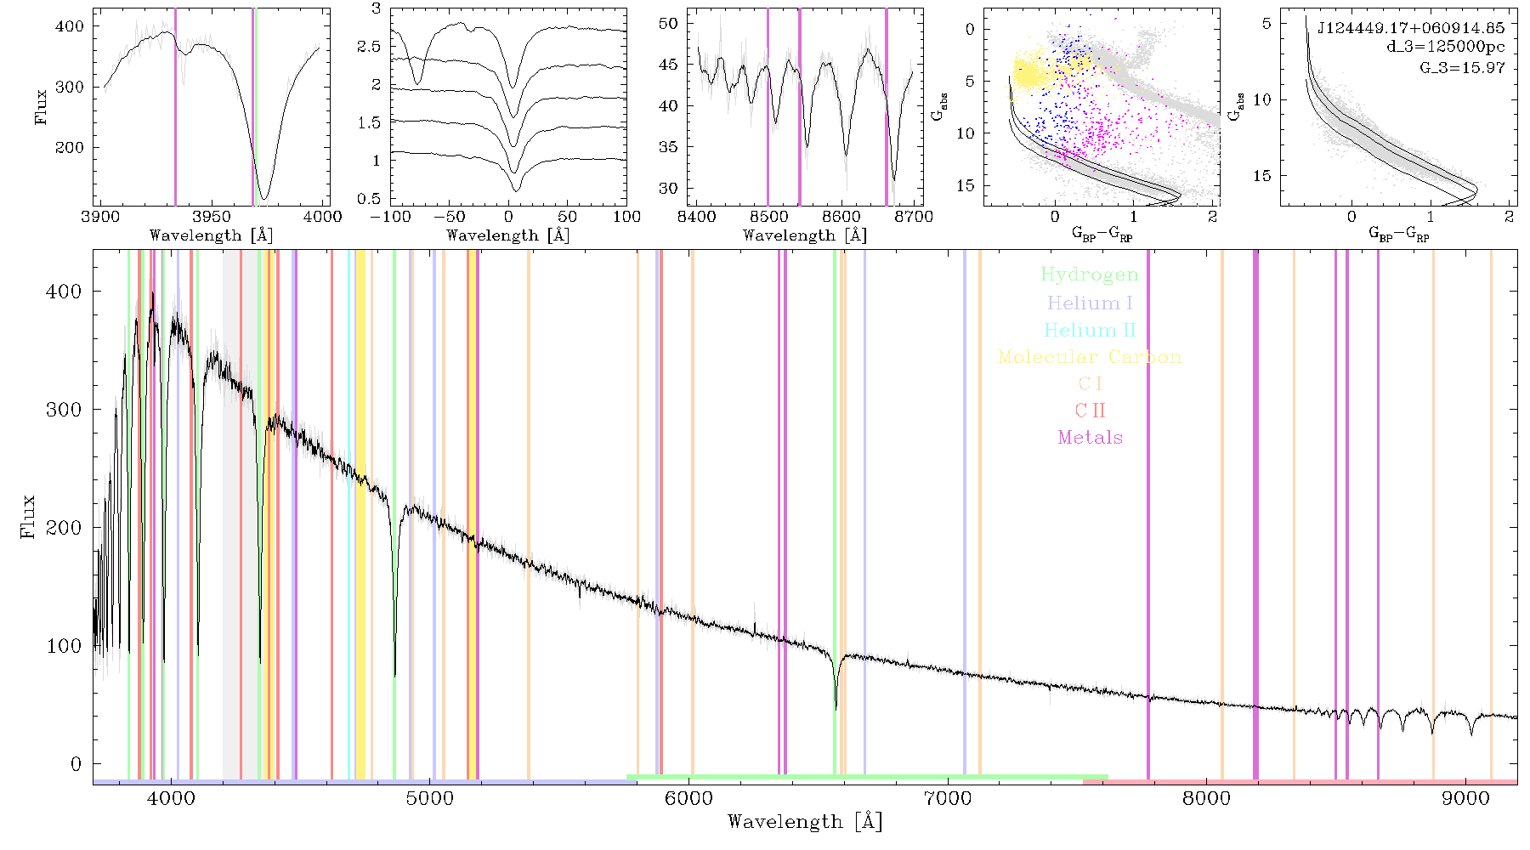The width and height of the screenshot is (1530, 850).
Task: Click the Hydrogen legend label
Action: [x=1089, y=275]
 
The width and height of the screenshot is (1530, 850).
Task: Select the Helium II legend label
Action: [x=1090, y=330]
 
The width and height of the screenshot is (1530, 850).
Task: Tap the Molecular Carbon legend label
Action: [x=1090, y=357]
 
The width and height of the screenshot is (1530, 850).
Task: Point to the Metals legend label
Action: [x=1090, y=437]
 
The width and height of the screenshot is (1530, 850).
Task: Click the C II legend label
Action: [x=1090, y=411]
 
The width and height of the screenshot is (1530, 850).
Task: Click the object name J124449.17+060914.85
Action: [x=1410, y=28]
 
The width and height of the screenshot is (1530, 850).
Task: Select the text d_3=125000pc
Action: [x=1445, y=47]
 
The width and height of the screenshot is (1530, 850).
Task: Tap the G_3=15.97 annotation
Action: [x=1462, y=67]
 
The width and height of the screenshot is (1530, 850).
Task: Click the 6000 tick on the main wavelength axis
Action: [x=688, y=798]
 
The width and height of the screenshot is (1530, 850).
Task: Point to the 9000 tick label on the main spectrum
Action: [x=1465, y=798]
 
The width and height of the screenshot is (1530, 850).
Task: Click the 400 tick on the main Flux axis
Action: [x=64, y=292]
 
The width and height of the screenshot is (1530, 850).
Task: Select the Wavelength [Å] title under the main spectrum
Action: [x=804, y=822]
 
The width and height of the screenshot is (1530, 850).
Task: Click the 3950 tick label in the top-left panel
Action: [x=212, y=216]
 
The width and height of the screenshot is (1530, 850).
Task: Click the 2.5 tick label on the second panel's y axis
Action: [x=369, y=47]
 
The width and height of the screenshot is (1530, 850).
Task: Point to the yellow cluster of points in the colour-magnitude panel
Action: [x=1031, y=73]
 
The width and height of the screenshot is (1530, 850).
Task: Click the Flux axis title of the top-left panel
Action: [x=41, y=107]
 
